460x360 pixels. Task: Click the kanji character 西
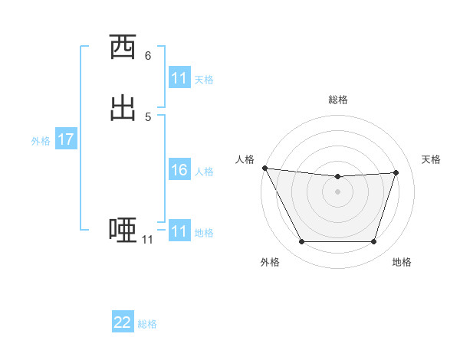pyautogui.click(x=123, y=48)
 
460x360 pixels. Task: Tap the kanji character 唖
pyautogui.click(x=123, y=230)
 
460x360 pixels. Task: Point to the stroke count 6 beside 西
pyautogui.click(x=148, y=56)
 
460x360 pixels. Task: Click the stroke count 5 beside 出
pyautogui.click(x=148, y=116)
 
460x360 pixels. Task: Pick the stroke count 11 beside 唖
pyautogui.click(x=147, y=240)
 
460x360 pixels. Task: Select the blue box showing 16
pyautogui.click(x=179, y=170)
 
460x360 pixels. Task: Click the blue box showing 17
pyautogui.click(x=65, y=139)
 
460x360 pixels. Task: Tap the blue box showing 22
pyautogui.click(x=123, y=322)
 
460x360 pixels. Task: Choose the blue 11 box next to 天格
pyautogui.click(x=179, y=78)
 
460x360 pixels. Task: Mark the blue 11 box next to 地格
pyautogui.click(x=179, y=231)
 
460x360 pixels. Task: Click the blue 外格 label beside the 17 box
pyautogui.click(x=41, y=141)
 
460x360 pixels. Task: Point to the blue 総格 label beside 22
pyautogui.click(x=147, y=324)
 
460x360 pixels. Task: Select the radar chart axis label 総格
pyautogui.click(x=338, y=100)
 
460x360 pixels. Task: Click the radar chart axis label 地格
pyautogui.click(x=402, y=262)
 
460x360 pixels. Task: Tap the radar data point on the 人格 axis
pyautogui.click(x=264, y=168)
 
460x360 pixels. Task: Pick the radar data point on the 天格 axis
pyautogui.click(x=396, y=172)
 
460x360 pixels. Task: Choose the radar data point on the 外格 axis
pyautogui.click(x=301, y=242)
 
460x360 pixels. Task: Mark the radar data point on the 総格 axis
pyautogui.click(x=338, y=177)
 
